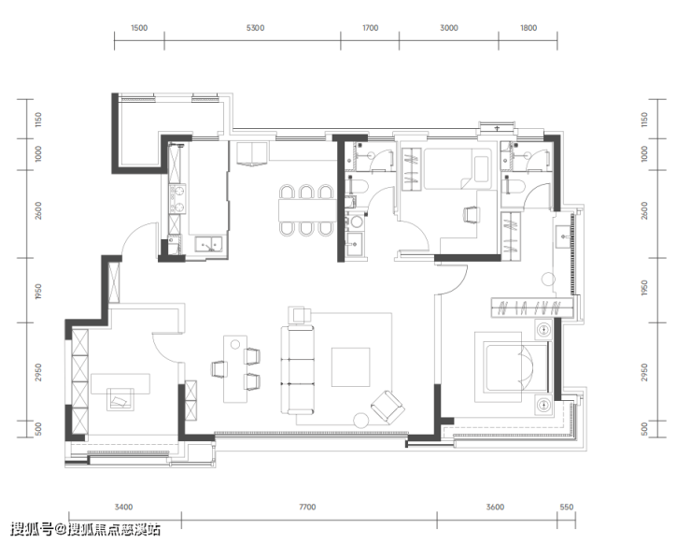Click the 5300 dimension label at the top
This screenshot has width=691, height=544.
(255, 28)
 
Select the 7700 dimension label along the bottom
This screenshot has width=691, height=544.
(307, 507)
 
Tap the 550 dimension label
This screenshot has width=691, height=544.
(566, 507)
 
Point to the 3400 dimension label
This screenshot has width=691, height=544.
(123, 507)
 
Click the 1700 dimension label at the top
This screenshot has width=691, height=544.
(370, 28)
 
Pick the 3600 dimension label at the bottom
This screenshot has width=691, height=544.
(495, 507)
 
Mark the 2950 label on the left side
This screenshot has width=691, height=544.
(38, 372)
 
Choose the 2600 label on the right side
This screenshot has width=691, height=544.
(644, 210)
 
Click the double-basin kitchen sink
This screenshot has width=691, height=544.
(209, 244)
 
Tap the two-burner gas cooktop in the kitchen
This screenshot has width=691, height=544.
(177, 199)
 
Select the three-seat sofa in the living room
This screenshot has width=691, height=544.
(298, 370)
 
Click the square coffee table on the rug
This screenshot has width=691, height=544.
(350, 367)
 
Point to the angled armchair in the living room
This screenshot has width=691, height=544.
(388, 407)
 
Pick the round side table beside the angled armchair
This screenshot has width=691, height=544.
(361, 421)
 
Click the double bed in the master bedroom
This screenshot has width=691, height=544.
(515, 367)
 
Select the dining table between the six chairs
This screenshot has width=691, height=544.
(307, 210)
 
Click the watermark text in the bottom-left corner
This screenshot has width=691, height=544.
(86, 529)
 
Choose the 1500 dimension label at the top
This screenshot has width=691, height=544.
(139, 28)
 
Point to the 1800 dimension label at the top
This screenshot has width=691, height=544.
(529, 28)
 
